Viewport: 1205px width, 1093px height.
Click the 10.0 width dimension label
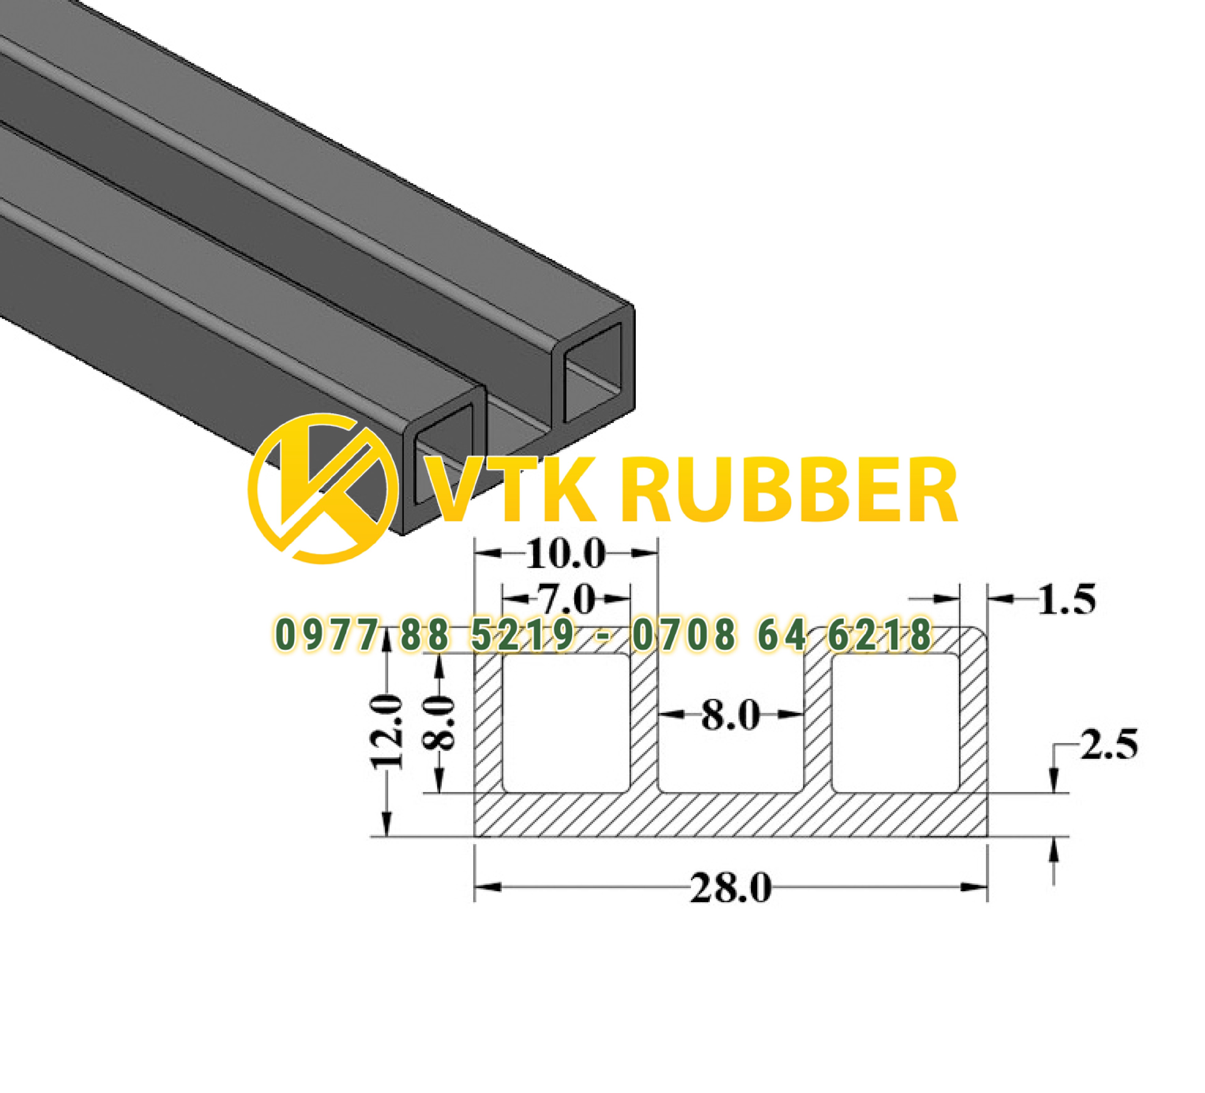tap(565, 555)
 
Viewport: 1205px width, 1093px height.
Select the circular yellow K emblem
tap(323, 489)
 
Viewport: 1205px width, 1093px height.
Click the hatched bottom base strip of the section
tap(731, 816)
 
